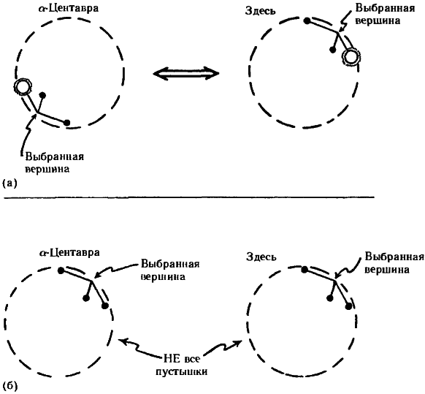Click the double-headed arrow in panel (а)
[186, 73]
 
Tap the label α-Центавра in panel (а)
[68, 9]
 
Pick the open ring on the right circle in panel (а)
[351, 56]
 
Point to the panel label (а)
[9, 183]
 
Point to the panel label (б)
[9, 385]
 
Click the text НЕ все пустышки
[182, 365]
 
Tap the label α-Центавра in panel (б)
[69, 253]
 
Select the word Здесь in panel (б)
[261, 257]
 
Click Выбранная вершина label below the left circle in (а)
[55, 163]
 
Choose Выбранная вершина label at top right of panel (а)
[385, 14]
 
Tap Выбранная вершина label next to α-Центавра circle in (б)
[170, 270]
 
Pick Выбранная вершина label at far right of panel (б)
[394, 262]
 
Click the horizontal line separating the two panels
[189, 197]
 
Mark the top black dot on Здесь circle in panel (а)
[307, 21]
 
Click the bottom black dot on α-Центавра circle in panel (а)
[67, 123]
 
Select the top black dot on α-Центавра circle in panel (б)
[61, 270]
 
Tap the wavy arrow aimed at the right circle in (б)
[222, 347]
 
